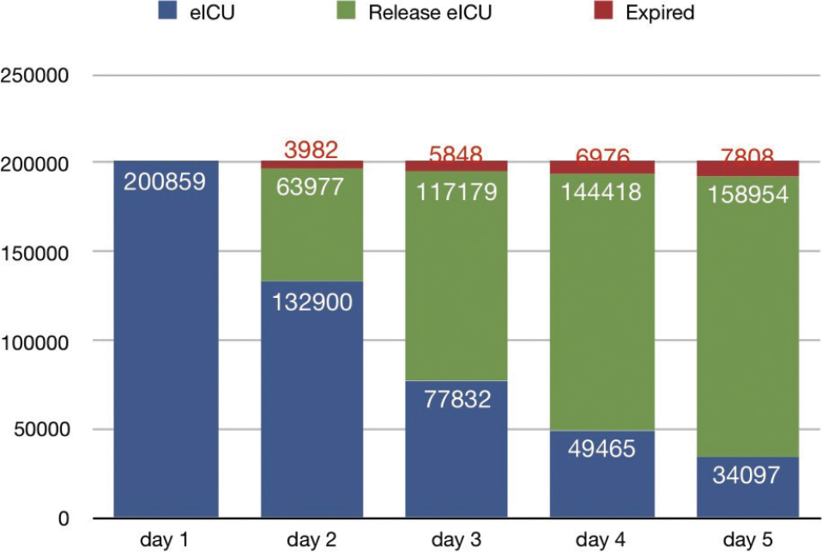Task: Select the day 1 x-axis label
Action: (x=166, y=540)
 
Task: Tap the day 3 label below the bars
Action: (x=456, y=540)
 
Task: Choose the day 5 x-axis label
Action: (x=747, y=540)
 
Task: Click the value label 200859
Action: (x=166, y=182)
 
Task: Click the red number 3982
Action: (x=311, y=151)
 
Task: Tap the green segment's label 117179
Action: (x=456, y=191)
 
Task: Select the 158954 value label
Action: (x=747, y=193)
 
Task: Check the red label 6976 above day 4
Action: (x=601, y=157)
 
